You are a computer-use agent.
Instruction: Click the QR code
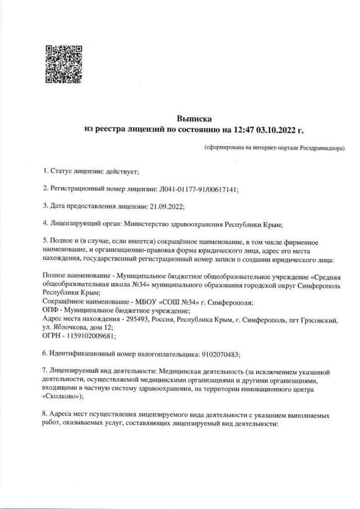click(63, 64)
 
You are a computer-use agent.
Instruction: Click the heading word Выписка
click(194, 119)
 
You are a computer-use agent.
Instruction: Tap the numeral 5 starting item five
click(45, 241)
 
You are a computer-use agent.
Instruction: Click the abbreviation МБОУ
click(145, 302)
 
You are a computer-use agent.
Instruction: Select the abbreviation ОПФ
click(52, 311)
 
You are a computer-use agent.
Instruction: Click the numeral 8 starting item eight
click(45, 414)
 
